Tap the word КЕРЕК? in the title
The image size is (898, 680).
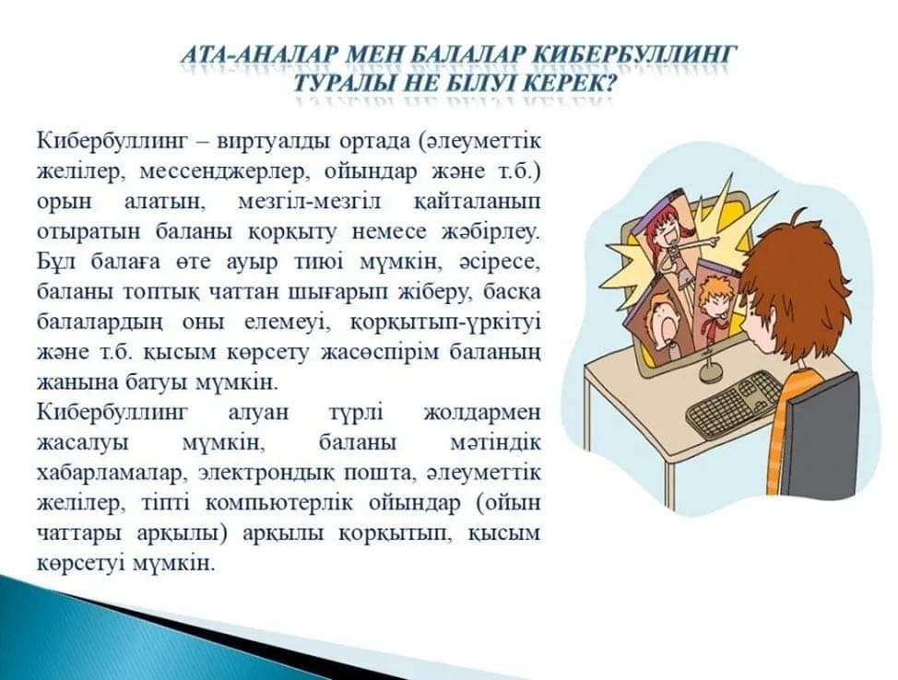click(569, 84)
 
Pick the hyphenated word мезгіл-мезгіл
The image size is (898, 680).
click(309, 203)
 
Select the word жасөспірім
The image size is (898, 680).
click(380, 352)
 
